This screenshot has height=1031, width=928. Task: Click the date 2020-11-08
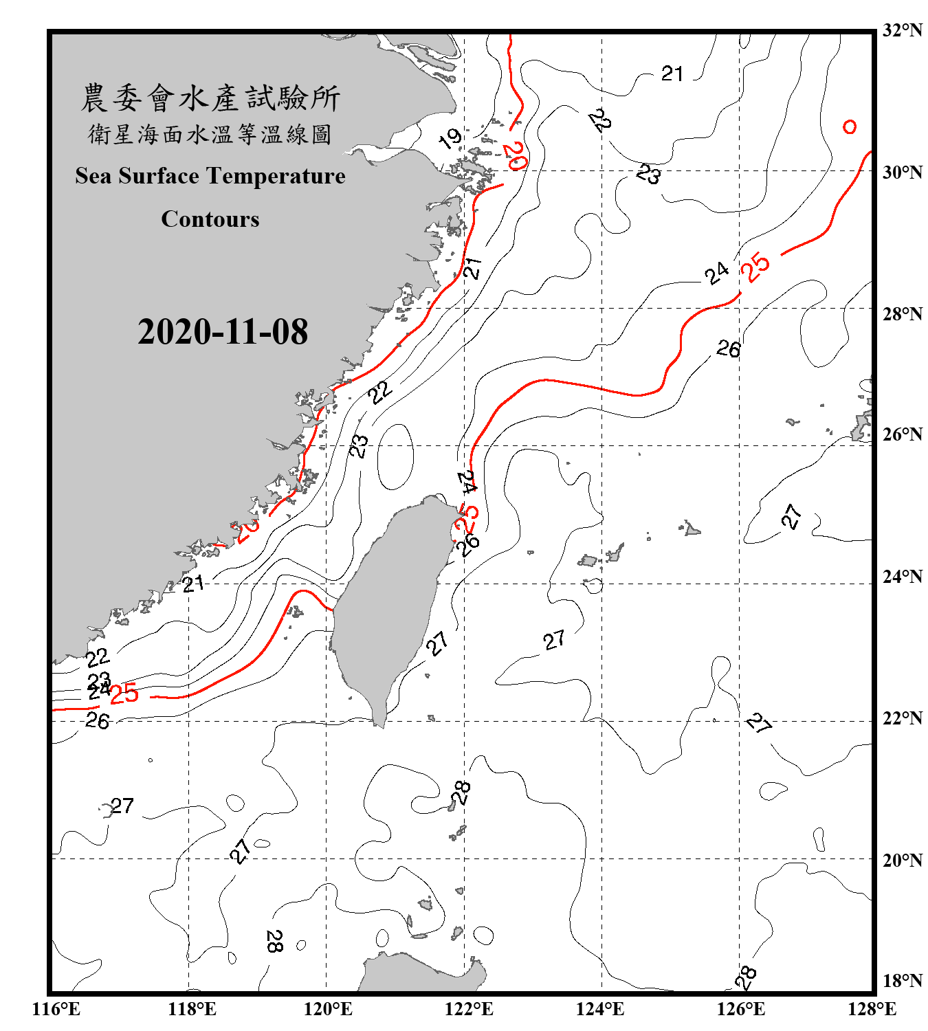223,332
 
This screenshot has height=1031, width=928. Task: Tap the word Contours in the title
210,219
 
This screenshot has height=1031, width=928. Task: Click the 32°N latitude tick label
903,30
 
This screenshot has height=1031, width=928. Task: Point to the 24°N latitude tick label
903,577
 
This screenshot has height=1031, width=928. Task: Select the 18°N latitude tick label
903,981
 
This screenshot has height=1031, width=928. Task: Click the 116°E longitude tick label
56,1010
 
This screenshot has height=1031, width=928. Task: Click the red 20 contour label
514,157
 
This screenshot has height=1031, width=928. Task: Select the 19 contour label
450,139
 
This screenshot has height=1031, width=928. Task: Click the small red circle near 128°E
850,127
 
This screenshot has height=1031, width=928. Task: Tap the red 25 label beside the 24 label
755,267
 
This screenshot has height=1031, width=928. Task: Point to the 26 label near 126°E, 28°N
728,349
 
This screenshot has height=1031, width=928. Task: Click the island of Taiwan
388,605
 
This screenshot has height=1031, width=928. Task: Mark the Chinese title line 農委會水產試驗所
210,98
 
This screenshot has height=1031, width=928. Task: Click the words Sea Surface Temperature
210,176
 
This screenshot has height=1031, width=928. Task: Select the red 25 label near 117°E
124,694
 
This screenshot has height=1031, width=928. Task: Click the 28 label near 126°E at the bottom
745,977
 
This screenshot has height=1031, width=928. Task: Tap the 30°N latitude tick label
903,173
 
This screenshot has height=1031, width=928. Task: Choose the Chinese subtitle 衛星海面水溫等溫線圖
210,134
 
